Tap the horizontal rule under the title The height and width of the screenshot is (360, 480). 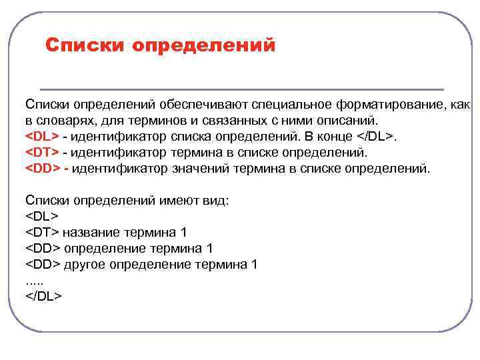pyautogui.click(x=241, y=89)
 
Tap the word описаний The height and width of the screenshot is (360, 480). pyautogui.click(x=349, y=121)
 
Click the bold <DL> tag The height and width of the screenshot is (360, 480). pyautogui.click(x=42, y=137)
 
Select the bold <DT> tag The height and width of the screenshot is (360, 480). pyautogui.click(x=42, y=153)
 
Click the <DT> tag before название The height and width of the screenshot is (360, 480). pyautogui.click(x=42, y=232)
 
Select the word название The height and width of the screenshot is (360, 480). pyautogui.click(x=91, y=232)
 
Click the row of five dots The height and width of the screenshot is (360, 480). pyautogui.click(x=33, y=280)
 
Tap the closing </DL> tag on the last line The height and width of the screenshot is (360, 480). pyautogui.click(x=43, y=296)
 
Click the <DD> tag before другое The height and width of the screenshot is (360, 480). pyautogui.click(x=43, y=264)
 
